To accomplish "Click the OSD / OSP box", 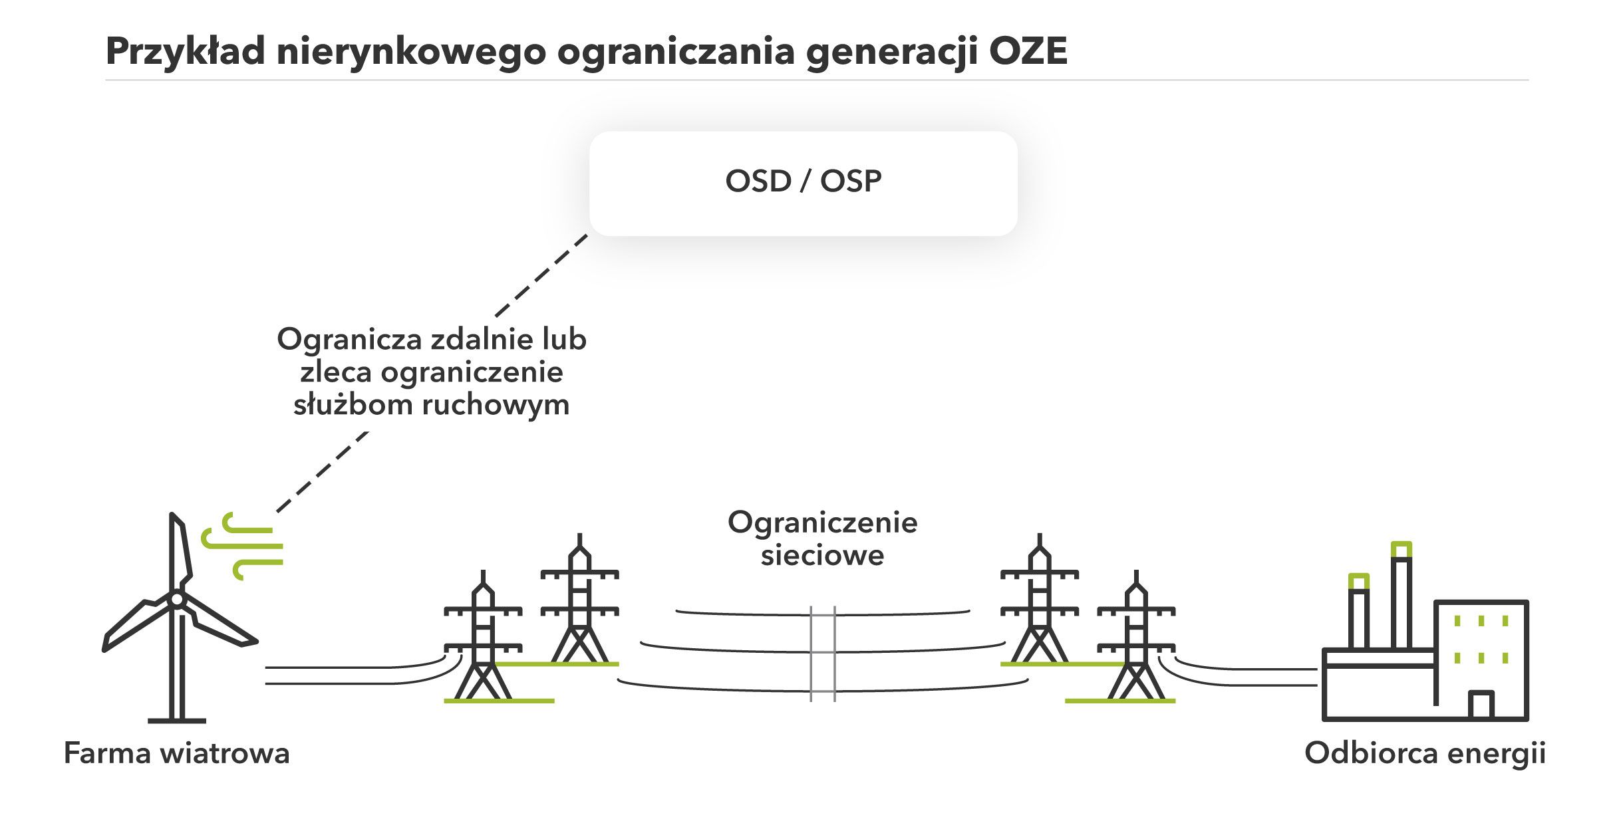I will coord(803,183).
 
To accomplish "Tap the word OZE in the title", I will coord(1028,52).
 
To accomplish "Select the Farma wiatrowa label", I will coord(176,753).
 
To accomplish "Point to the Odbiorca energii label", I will coord(1425,753).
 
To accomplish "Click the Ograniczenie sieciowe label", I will coord(822,539).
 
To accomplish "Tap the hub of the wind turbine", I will coord(176,600).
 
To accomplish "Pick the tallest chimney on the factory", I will coord(1401,598).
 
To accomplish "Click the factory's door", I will coord(1481,705).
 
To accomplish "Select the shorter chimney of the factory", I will coord(1358,615).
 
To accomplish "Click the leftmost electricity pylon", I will coord(484,638).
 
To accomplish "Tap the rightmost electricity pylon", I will coord(1136,638).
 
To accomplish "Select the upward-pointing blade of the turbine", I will coord(180,552).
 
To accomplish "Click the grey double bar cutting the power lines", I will coord(823,654).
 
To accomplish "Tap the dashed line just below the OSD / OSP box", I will coord(542,275).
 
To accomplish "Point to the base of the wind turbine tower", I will coord(176,720).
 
